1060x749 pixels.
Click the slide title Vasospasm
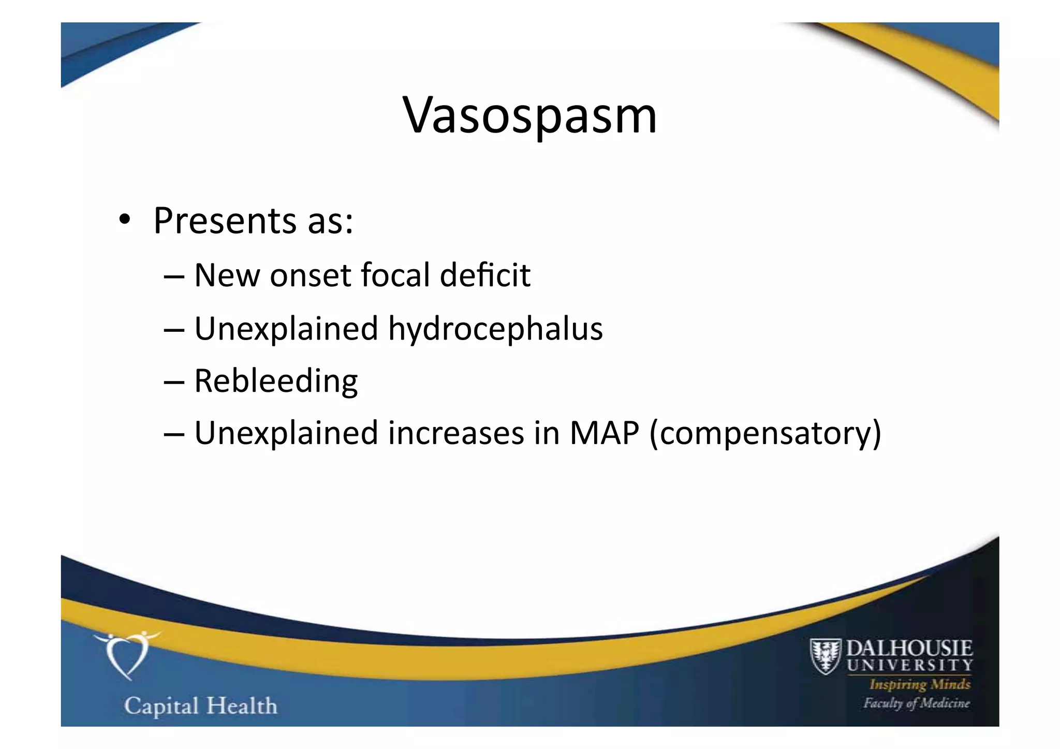[529, 115]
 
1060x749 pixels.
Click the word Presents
[225, 221]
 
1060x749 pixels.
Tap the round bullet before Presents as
[124, 221]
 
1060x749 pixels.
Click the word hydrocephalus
[495, 329]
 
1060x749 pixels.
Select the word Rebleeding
[276, 381]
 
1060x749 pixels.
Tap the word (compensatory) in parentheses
[765, 434]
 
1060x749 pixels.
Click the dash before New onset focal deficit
[174, 276]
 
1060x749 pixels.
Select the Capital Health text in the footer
[201, 706]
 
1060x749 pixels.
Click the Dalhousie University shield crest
[825, 656]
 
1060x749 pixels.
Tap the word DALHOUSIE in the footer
[909, 648]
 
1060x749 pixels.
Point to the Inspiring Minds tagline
[920, 684]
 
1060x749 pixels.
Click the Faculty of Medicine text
[916, 703]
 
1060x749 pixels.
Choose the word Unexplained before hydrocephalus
[286, 329]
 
